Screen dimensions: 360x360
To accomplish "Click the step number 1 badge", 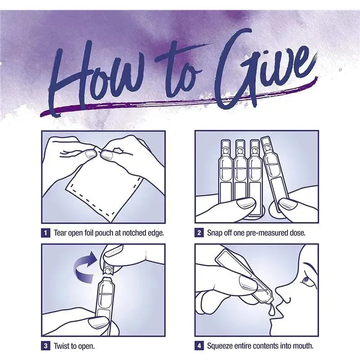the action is coord(45,233).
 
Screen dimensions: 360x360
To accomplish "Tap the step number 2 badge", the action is coord(199,233).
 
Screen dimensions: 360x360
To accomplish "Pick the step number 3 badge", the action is coord(45,346).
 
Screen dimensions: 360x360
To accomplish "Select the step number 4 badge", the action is coord(199,346).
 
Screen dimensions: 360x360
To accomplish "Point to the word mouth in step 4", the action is coord(303,346).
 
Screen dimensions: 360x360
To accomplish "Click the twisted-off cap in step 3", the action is coord(108,268).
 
